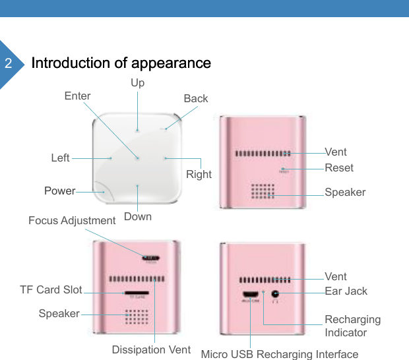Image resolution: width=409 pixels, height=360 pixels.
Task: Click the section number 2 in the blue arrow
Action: point(8,64)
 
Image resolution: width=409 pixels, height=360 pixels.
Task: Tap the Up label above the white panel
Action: point(137,83)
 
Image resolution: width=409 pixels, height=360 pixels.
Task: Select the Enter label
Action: point(77,96)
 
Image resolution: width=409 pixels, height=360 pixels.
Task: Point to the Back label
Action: point(195,98)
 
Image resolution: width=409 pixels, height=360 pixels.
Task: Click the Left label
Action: point(60,158)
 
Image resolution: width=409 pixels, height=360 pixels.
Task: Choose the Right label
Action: point(199,174)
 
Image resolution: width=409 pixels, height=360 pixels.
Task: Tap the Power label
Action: point(59,191)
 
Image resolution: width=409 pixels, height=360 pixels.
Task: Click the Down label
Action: point(137,216)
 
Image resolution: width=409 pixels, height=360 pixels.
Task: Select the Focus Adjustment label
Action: point(72,220)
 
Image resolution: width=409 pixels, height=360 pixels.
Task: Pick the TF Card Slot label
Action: point(51,289)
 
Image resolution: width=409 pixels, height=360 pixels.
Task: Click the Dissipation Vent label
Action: point(151,349)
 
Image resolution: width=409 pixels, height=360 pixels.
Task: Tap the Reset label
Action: point(338,167)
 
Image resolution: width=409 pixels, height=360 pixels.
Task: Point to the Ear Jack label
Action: point(346,291)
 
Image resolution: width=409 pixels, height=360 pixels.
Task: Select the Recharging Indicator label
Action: point(352,326)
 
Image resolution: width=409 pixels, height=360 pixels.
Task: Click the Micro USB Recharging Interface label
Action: point(279,355)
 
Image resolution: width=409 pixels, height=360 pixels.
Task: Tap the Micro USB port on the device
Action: point(251,294)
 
